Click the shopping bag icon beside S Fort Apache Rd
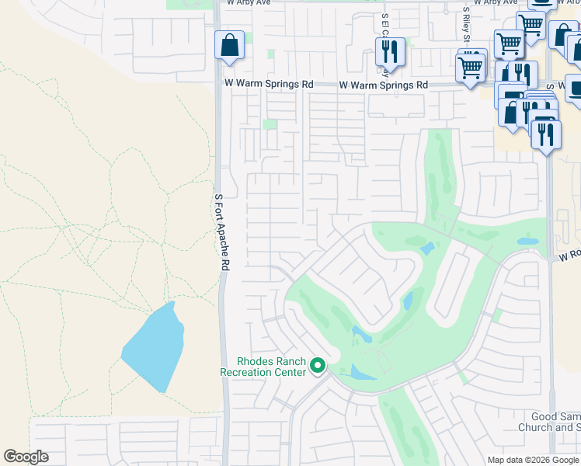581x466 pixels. (230, 46)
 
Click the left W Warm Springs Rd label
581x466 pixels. (269, 84)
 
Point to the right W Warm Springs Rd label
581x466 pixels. (384, 85)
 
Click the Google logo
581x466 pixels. (26, 457)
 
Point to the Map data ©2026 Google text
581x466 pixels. (533, 460)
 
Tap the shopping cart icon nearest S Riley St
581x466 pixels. (471, 67)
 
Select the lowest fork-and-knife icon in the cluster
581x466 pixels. (546, 134)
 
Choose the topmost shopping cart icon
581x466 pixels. (531, 24)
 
